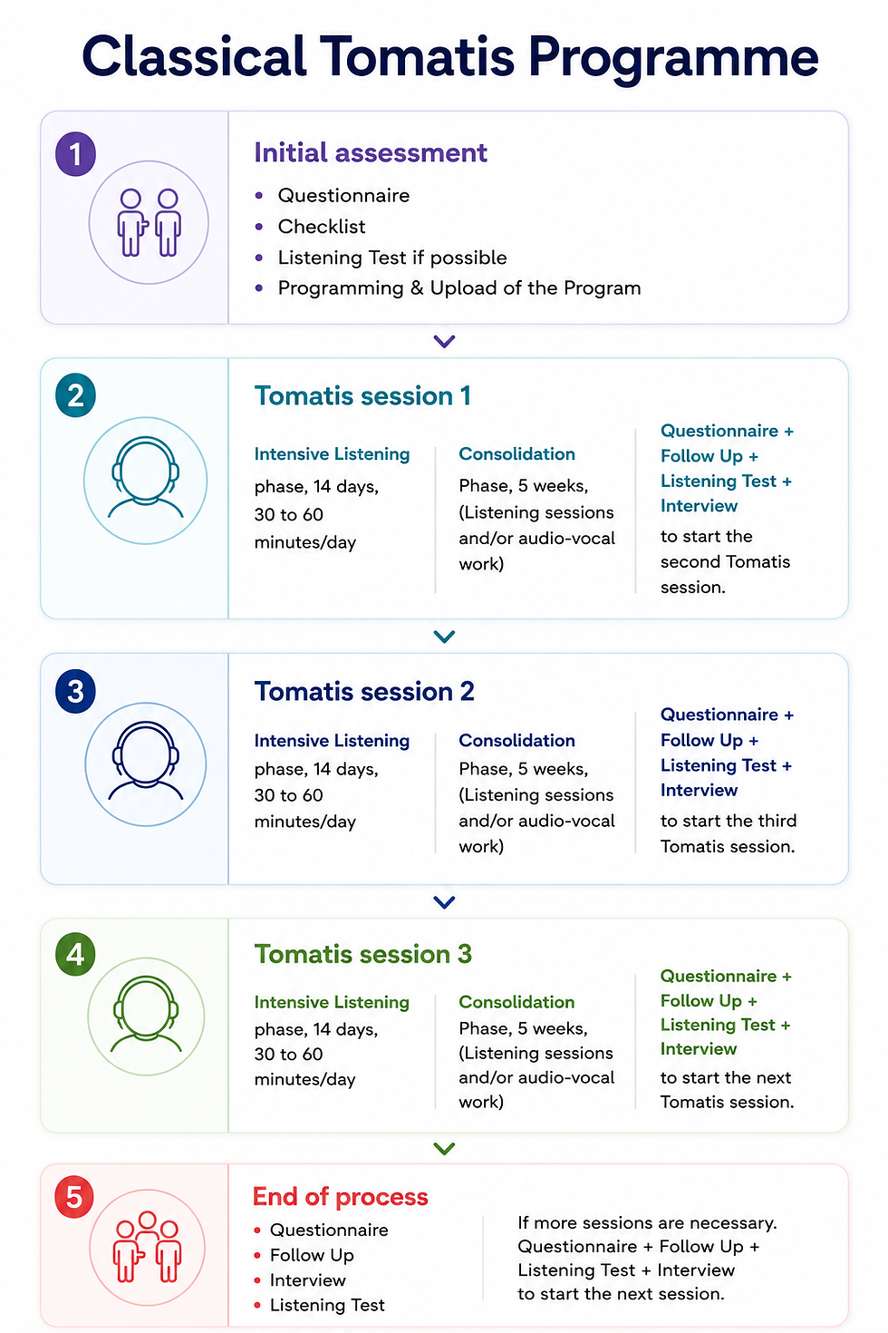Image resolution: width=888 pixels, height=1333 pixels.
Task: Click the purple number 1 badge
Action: (x=75, y=154)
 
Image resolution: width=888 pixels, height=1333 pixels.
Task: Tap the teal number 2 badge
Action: (x=75, y=395)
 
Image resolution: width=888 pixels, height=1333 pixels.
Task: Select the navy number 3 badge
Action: (x=75, y=691)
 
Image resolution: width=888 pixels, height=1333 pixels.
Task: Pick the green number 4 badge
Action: (x=75, y=955)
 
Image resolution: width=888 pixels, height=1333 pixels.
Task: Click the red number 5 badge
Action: (x=74, y=1197)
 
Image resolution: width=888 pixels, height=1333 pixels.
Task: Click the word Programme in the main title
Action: (x=673, y=59)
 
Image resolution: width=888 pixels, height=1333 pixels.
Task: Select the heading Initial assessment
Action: (x=371, y=153)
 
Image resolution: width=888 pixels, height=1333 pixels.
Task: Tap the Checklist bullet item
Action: (x=321, y=227)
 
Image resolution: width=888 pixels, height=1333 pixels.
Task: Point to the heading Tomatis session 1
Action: (x=362, y=395)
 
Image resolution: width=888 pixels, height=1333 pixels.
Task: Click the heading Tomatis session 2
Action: (x=364, y=692)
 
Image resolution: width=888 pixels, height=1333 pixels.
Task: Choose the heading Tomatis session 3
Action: (x=362, y=954)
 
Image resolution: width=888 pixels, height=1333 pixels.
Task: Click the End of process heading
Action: (x=340, y=1197)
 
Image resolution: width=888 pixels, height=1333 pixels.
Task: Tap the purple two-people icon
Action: (x=149, y=222)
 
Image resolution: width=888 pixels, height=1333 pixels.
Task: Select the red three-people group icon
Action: (x=147, y=1247)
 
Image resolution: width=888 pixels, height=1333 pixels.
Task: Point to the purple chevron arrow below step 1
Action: (x=444, y=341)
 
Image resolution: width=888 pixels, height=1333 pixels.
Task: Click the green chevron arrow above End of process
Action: (x=444, y=1149)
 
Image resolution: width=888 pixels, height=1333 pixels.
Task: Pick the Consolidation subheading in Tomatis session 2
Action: (x=516, y=740)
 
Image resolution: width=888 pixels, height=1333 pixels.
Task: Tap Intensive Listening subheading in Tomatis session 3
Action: (x=332, y=1002)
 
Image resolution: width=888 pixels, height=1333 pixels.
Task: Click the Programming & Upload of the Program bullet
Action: (x=459, y=288)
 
